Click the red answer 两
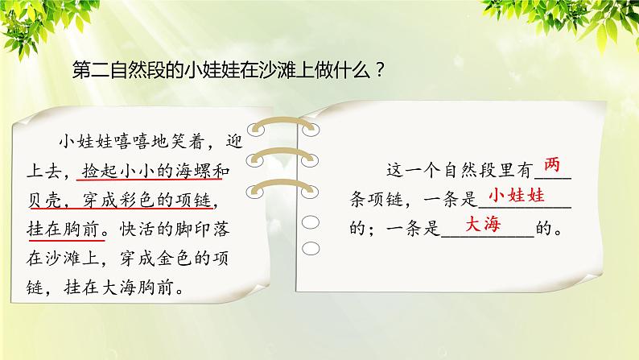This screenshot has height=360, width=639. click(552, 165)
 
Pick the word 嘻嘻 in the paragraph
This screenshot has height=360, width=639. click(132, 142)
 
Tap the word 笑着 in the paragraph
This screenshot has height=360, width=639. click(188, 142)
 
